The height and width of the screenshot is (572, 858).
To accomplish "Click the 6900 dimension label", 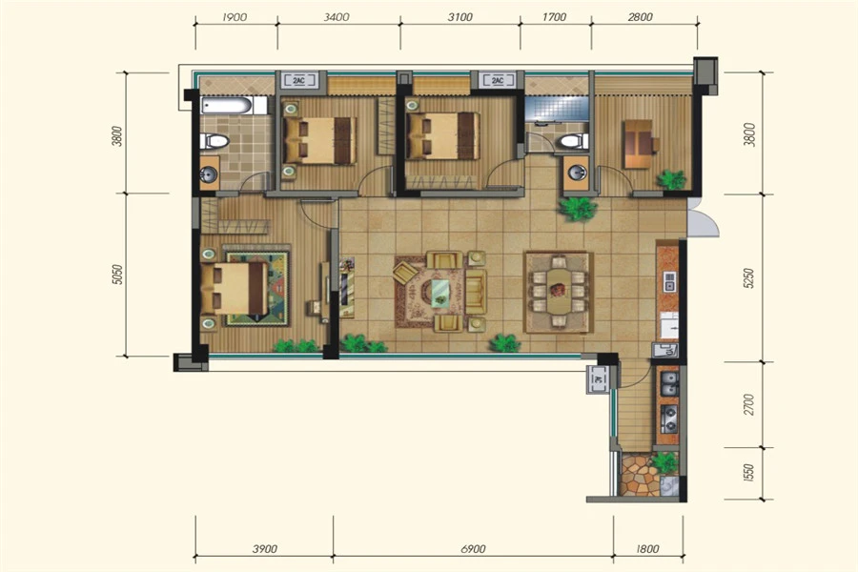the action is pyautogui.click(x=473, y=548).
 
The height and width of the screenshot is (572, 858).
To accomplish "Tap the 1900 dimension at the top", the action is pyautogui.click(x=235, y=17).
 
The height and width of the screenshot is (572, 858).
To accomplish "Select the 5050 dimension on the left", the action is pyautogui.click(x=117, y=275).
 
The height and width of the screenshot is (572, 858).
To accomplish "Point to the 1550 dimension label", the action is pyautogui.click(x=749, y=473).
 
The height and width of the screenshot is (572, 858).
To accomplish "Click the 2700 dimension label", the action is pyautogui.click(x=749, y=404).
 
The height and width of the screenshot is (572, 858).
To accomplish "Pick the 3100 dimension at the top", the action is pyautogui.click(x=460, y=17).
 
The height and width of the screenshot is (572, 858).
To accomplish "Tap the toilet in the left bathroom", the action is pyautogui.click(x=214, y=141).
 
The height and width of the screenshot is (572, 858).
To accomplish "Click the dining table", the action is pyautogui.click(x=559, y=291).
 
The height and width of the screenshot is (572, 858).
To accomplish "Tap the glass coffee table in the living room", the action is pyautogui.click(x=440, y=294).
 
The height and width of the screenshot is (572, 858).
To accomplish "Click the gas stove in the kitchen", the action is pyautogui.click(x=669, y=419).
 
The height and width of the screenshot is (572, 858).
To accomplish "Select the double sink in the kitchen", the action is pyautogui.click(x=669, y=383).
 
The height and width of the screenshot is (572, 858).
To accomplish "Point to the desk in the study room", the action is pyautogui.click(x=638, y=144).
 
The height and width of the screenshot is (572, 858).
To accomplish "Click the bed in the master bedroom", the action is pyautogui.click(x=235, y=289).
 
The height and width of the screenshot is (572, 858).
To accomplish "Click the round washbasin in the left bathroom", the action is pyautogui.click(x=209, y=174).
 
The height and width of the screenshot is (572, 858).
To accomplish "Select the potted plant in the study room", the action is pyautogui.click(x=671, y=179).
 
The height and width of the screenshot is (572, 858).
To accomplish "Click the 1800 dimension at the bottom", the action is pyautogui.click(x=647, y=548).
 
